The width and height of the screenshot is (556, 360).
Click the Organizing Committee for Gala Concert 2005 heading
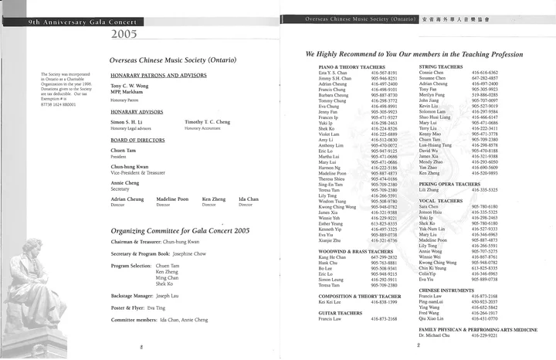point(180,230)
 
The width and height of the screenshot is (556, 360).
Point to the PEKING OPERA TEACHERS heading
point(470,184)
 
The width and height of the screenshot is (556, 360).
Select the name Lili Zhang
point(451,190)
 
